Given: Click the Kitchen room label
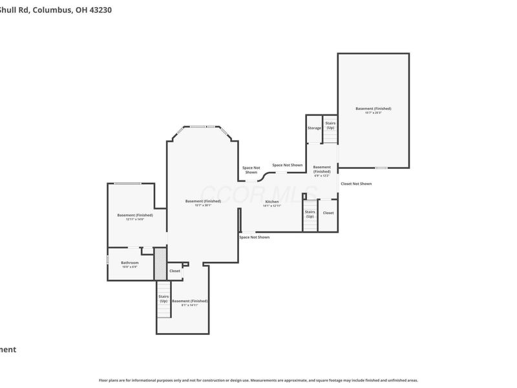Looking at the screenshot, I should (x=272, y=202).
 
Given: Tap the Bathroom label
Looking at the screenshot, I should (x=130, y=263).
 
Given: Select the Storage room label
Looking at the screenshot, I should (x=314, y=128).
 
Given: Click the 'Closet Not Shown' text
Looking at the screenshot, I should (x=356, y=184).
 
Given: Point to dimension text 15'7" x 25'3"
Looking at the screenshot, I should (x=373, y=113).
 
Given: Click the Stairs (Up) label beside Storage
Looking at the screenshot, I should (x=330, y=125).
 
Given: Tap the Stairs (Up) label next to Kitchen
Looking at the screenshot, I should (x=310, y=214).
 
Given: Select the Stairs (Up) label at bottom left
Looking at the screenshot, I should (x=164, y=299).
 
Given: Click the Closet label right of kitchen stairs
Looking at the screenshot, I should (x=328, y=213).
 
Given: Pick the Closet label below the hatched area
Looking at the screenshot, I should (x=174, y=271).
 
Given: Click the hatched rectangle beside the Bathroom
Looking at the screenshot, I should (x=160, y=263).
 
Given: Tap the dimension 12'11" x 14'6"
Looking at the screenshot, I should (x=135, y=220).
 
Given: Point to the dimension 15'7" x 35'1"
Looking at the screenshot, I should (x=203, y=206).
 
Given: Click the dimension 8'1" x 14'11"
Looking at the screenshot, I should (x=190, y=305).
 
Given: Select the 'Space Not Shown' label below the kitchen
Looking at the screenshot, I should (x=254, y=237).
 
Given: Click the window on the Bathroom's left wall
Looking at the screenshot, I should (x=107, y=259).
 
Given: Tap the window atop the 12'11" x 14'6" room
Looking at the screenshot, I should (x=128, y=184).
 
